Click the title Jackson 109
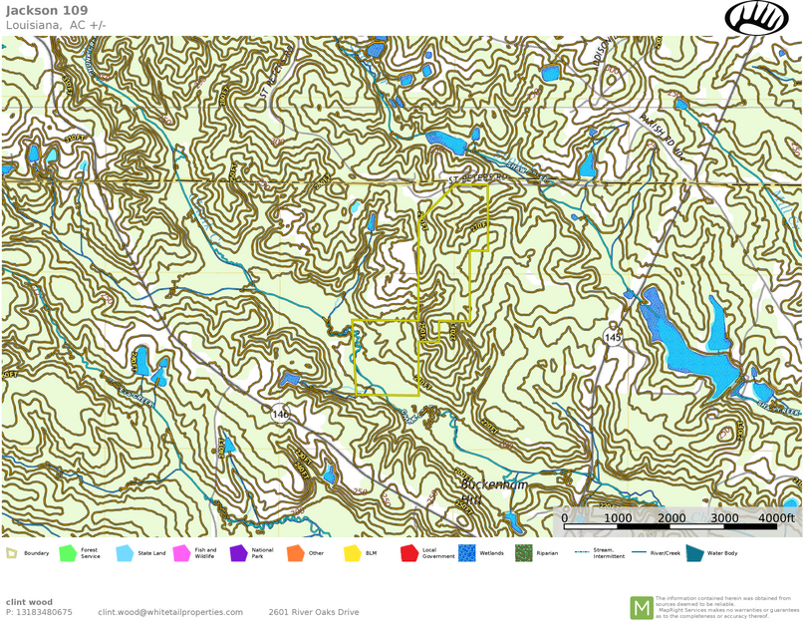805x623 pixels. click(47, 11)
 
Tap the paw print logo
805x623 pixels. click(756, 17)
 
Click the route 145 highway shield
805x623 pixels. click(613, 339)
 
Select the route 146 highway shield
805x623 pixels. click(280, 413)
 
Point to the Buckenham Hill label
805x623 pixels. click(493, 490)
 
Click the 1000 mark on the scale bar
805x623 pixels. click(618, 517)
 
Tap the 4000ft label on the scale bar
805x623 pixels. click(775, 517)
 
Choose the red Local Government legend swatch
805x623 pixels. click(408, 553)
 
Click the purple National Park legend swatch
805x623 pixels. click(238, 553)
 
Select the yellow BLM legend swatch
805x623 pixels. click(352, 553)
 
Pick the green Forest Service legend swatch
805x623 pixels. click(68, 553)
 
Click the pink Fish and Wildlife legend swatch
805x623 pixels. click(181, 553)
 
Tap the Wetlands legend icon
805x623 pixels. click(466, 553)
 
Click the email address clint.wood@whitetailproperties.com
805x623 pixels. click(170, 612)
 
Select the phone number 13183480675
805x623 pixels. click(44, 612)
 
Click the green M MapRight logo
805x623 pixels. click(641, 607)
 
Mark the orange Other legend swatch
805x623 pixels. click(295, 553)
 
